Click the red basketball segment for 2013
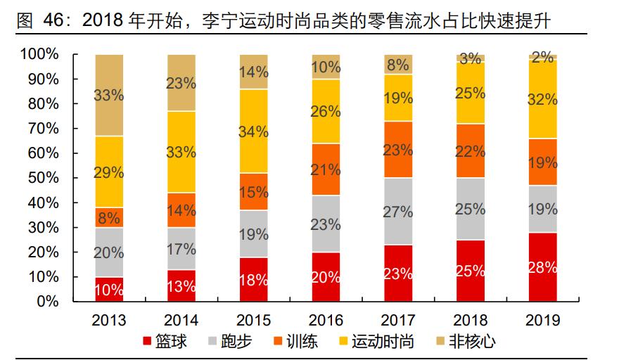[109, 289]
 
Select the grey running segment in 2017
[398, 211]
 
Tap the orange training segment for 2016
[326, 169]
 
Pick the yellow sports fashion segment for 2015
[253, 131]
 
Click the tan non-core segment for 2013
[109, 95]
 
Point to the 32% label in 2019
[543, 99]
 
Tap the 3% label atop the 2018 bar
[471, 59]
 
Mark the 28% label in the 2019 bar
[543, 268]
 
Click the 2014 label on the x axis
[181, 321]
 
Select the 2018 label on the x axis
[471, 321]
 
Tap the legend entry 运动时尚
[384, 342]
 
